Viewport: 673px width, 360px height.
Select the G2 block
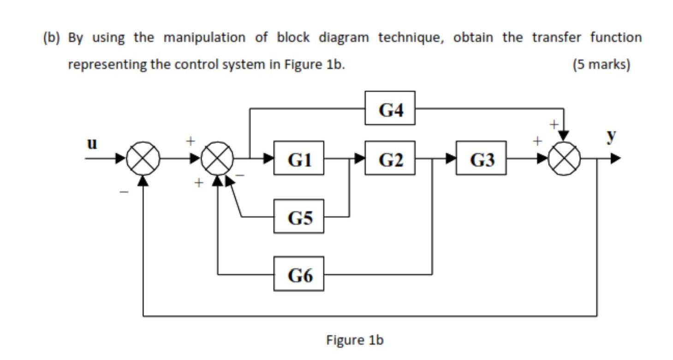(389, 158)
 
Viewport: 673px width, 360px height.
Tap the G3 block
(481, 158)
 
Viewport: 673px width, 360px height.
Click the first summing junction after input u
(143, 159)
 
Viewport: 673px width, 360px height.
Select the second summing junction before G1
(217, 159)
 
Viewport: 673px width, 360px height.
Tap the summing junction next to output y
(563, 159)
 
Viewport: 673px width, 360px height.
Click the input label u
(92, 144)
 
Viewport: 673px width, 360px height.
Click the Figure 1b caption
(354, 340)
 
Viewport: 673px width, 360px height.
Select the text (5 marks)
(601, 64)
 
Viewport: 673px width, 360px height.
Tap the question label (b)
(52, 37)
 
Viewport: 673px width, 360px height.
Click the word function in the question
(615, 37)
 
